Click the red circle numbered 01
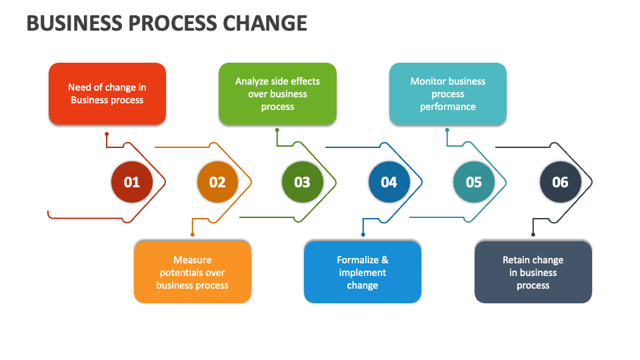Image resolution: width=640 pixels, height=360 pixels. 132,182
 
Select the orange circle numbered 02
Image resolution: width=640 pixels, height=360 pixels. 217,182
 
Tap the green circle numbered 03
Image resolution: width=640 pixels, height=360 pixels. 302,182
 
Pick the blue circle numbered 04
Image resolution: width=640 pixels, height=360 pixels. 389,182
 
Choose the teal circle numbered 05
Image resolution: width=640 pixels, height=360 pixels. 473,182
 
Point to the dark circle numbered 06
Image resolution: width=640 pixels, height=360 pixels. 560,182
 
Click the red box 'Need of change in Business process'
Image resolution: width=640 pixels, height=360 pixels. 107,94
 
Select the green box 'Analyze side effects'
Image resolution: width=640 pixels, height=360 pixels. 277,94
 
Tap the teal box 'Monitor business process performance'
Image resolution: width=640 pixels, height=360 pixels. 448,94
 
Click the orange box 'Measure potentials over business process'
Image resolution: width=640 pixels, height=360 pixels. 193,272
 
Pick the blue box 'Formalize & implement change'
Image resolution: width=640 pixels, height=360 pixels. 363,272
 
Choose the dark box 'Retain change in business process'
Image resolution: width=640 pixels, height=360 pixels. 533,272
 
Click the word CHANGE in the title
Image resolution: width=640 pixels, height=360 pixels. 265,23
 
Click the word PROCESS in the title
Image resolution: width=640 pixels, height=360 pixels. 169,23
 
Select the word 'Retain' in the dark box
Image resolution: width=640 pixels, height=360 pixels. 516,260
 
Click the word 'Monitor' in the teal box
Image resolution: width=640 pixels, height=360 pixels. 428,81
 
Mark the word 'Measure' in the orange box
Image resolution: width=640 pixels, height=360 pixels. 193,260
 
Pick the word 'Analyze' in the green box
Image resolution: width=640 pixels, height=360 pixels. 252,81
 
